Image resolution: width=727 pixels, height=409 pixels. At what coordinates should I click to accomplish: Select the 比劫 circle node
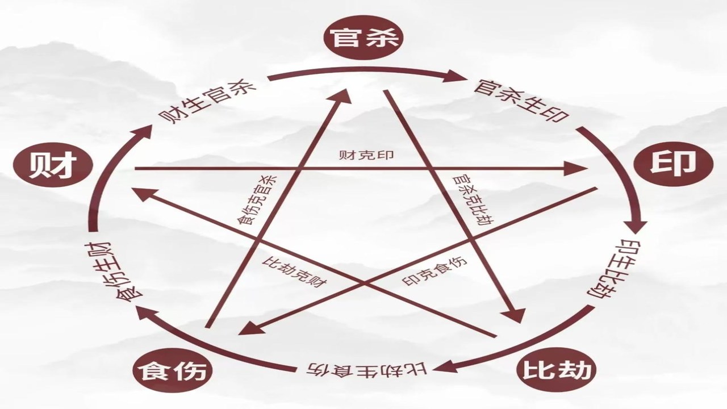click(556, 369)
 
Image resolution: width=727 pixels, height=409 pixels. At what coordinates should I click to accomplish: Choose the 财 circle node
click(53, 165)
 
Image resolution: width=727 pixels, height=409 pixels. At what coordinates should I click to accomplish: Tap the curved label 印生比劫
click(603, 270)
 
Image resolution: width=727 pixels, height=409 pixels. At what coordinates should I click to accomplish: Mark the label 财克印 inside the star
click(366, 155)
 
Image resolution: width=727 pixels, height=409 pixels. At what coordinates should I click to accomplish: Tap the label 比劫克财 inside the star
click(294, 272)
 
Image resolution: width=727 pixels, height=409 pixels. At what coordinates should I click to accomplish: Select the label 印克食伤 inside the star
click(434, 272)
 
